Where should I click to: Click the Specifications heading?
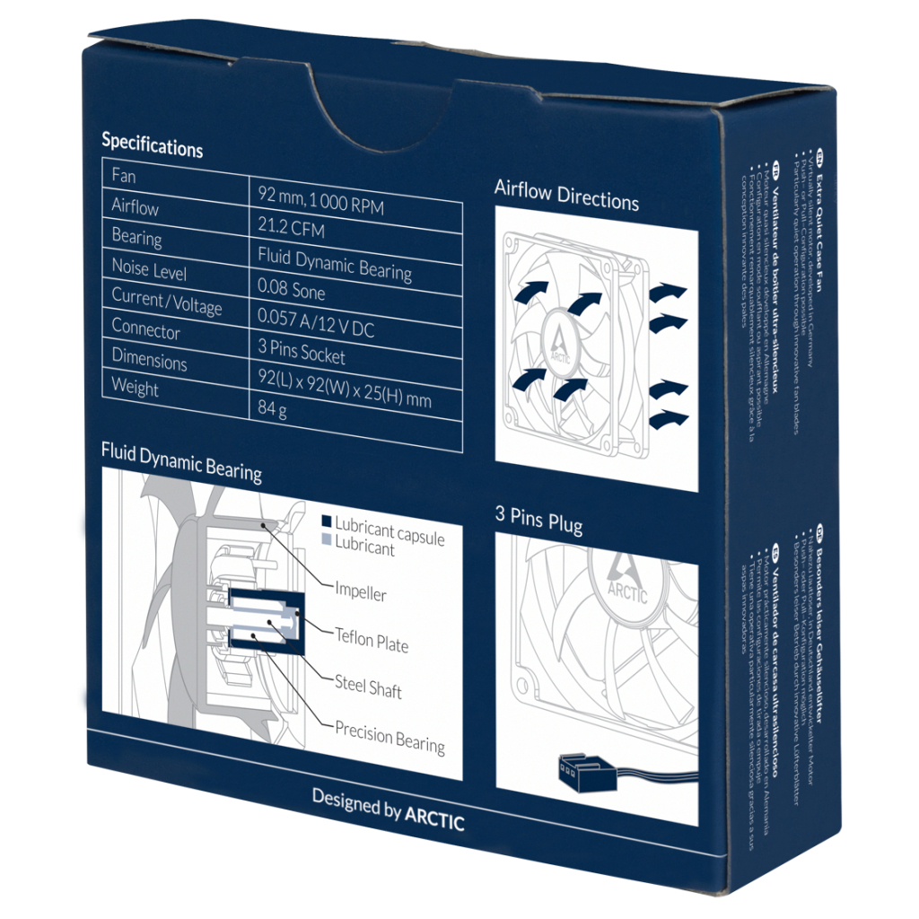[x=152, y=144]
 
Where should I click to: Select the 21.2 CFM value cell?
[x=291, y=230]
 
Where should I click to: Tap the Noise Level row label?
[x=149, y=269]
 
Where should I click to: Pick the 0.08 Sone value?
[x=291, y=291]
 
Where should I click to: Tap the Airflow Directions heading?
[x=566, y=195]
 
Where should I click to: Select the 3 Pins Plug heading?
[x=538, y=520]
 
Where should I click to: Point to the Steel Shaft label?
[x=368, y=687]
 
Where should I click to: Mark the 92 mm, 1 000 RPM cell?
[x=320, y=200]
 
